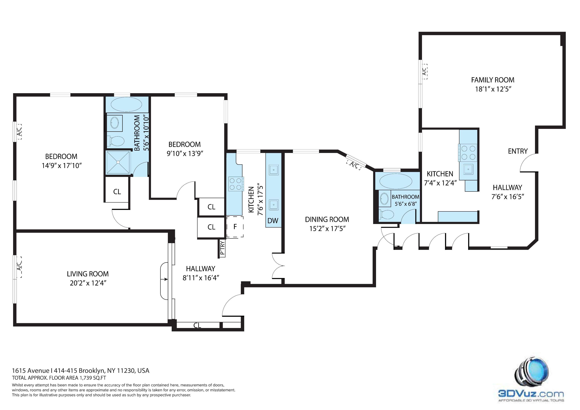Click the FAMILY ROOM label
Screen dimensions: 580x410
pyautogui.click(x=493, y=80)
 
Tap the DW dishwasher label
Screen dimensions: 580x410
pyautogui.click(x=273, y=221)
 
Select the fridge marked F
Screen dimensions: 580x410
pyautogui.click(x=235, y=227)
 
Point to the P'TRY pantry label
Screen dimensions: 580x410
pyautogui.click(x=222, y=248)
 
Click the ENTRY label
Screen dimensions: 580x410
pyautogui.click(x=518, y=151)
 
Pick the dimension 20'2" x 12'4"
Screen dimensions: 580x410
pyautogui.click(x=88, y=283)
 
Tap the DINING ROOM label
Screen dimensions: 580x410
pyautogui.click(x=327, y=219)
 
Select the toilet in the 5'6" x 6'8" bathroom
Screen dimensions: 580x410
pyautogui.click(x=386, y=215)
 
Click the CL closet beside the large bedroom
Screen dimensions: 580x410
pyautogui.click(x=117, y=192)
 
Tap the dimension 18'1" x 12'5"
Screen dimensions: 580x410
pyautogui.click(x=493, y=89)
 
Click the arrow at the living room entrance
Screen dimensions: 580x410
pyautogui.click(x=164, y=279)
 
